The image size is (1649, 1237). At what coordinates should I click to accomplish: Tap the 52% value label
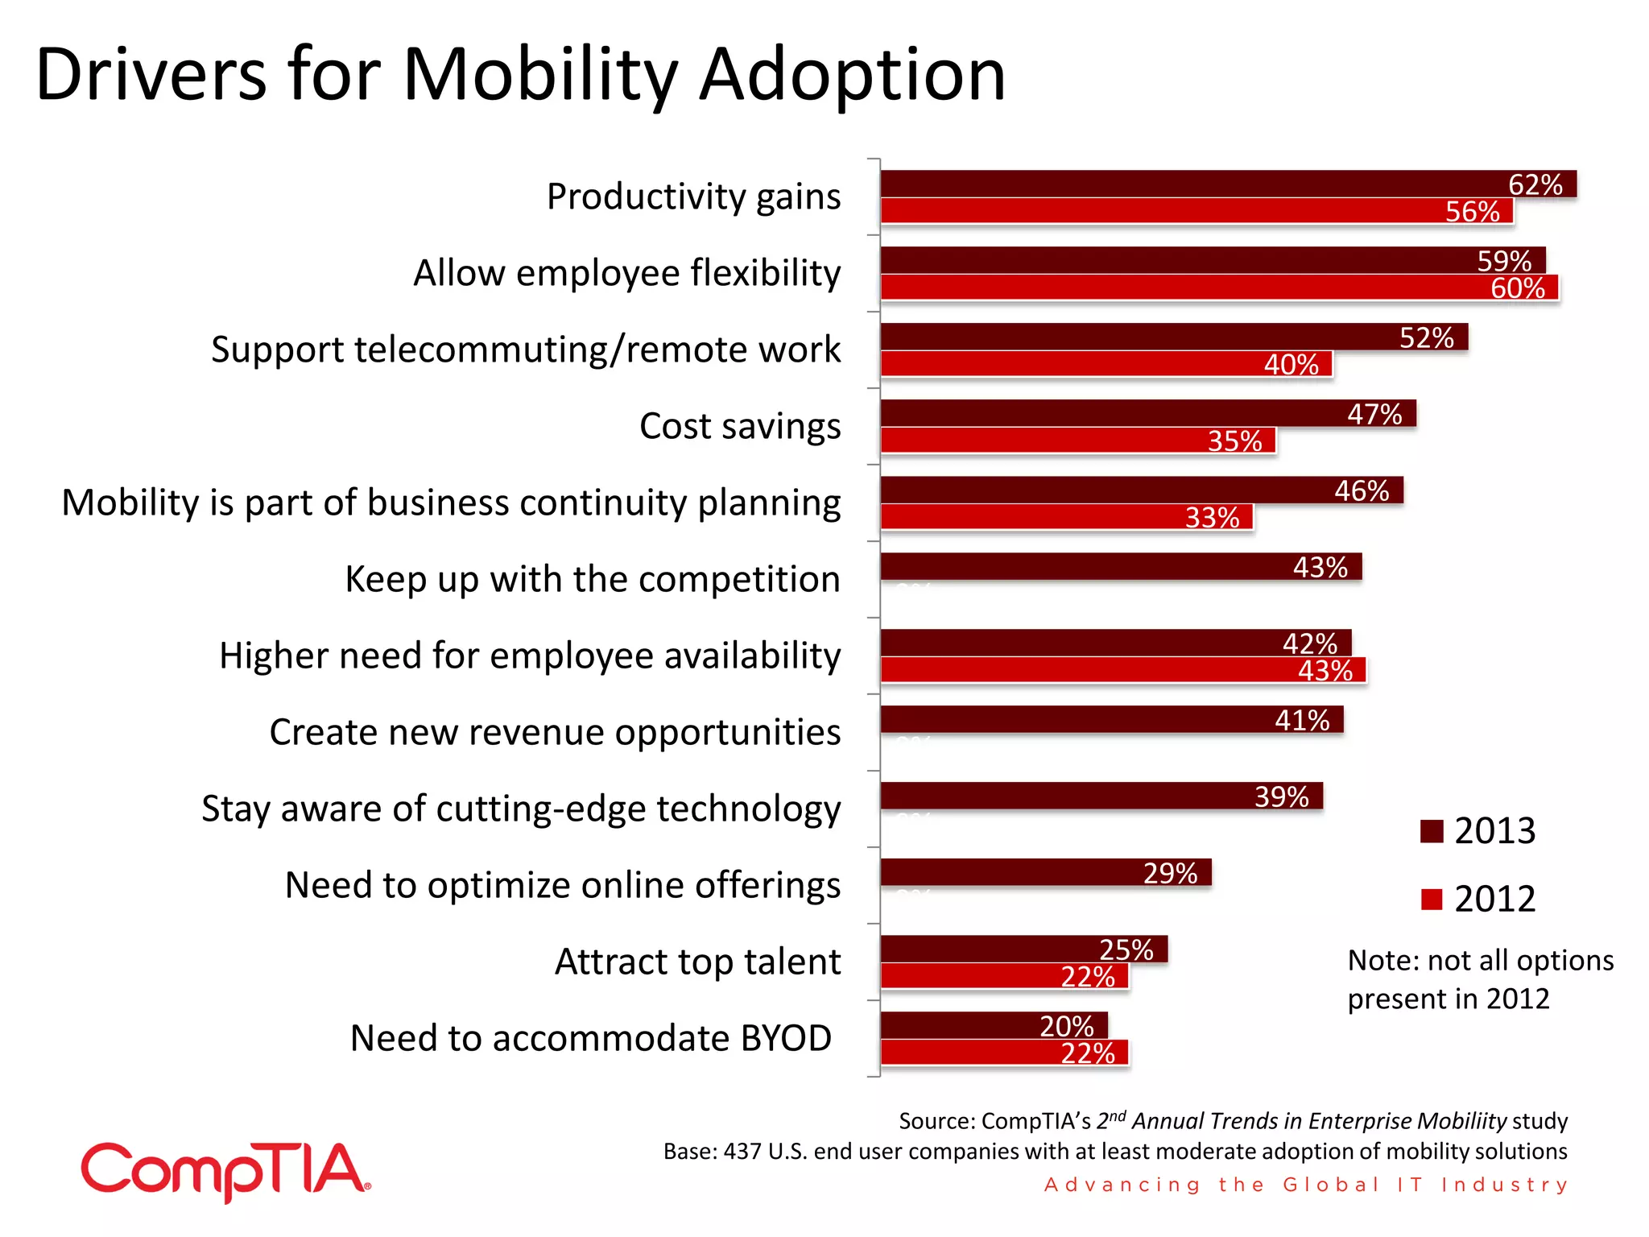click(1426, 337)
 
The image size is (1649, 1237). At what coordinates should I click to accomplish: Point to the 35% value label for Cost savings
click(1234, 441)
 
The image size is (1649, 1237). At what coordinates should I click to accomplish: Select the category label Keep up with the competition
click(593, 579)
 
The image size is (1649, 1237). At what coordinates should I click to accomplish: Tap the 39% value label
click(1281, 796)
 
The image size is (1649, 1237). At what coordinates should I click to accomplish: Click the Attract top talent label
click(697, 962)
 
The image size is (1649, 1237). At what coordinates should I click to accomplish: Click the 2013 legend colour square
click(1432, 831)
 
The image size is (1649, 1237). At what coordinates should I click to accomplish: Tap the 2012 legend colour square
click(1432, 899)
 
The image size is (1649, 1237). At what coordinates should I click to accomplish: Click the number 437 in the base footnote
click(742, 1152)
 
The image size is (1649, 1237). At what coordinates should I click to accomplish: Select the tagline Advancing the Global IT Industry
click(1305, 1185)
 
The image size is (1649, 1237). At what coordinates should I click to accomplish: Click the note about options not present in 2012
click(1480, 979)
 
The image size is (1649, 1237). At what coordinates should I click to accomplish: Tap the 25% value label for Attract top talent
click(1126, 949)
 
